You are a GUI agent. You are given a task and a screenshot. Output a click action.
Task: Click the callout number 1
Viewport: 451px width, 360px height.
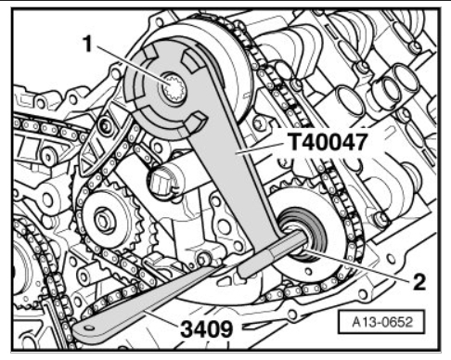(x=88, y=45)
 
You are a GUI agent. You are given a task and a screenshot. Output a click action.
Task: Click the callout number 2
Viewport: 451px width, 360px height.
(x=419, y=282)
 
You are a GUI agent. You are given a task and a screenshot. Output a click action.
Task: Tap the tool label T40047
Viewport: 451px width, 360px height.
(x=328, y=142)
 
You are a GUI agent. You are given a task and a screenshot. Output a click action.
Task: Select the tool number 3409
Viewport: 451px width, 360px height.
(x=207, y=328)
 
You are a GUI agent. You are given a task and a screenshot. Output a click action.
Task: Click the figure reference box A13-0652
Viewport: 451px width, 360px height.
(x=382, y=322)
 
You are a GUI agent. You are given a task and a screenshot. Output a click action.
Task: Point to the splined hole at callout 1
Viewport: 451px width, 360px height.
(x=174, y=88)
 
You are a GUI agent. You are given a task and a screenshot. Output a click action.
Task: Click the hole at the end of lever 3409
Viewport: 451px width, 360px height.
(x=89, y=328)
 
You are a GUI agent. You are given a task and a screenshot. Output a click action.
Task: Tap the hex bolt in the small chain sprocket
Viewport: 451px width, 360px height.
(x=101, y=220)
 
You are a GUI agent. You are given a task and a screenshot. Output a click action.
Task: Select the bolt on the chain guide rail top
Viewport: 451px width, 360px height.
(x=104, y=126)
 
